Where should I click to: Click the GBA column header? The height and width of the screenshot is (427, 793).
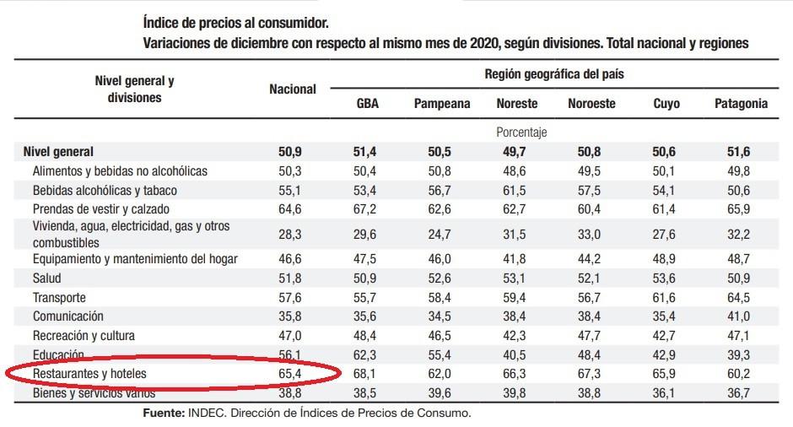point(367,104)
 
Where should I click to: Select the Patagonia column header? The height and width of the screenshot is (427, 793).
point(741,104)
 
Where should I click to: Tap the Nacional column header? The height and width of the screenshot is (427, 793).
point(293,89)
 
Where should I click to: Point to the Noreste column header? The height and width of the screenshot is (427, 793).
point(517,104)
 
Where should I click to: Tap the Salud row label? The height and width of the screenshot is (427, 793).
point(47,278)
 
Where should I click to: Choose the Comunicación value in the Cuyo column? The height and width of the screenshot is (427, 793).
point(666,316)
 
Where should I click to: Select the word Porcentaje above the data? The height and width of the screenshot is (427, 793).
point(521,132)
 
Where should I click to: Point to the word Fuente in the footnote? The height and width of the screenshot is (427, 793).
point(164,413)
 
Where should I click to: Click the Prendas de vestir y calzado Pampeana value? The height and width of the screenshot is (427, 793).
point(442,208)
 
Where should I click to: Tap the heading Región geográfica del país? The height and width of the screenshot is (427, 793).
point(553,74)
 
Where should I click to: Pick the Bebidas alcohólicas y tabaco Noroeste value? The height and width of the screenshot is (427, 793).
point(591,191)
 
